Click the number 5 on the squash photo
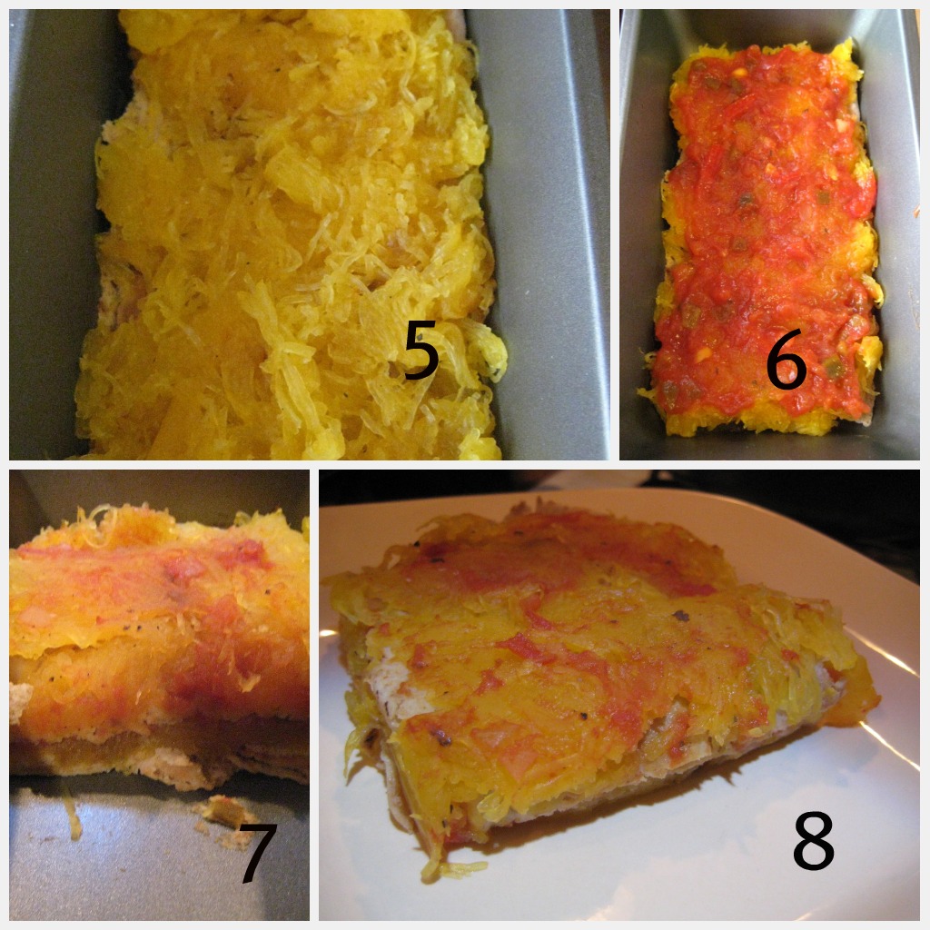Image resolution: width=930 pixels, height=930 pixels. [x=421, y=350]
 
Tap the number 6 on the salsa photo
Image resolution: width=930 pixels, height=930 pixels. [x=786, y=360]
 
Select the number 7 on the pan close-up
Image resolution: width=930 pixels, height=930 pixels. [x=258, y=853]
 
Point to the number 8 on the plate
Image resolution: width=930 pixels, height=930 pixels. [x=814, y=840]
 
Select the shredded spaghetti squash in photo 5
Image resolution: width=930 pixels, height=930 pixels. [x=291, y=237]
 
